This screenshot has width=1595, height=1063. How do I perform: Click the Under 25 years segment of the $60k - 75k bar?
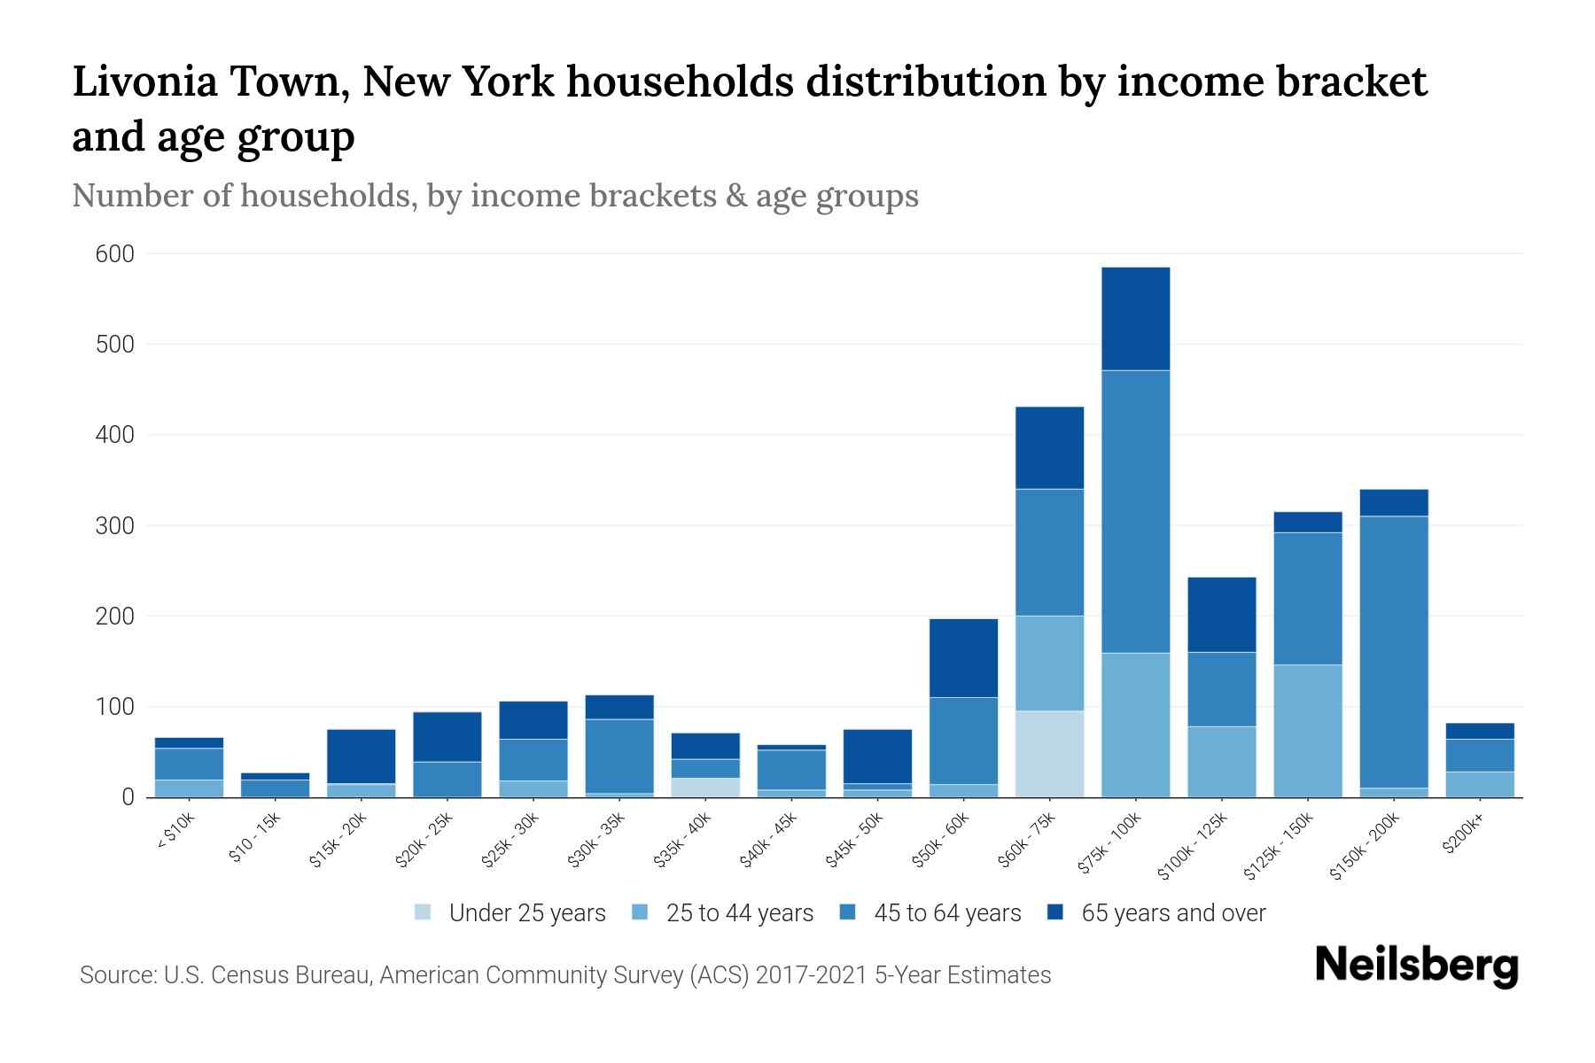pos(1049,753)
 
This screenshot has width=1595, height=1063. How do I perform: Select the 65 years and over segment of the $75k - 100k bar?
pos(1135,319)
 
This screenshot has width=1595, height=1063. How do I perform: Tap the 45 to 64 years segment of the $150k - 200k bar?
pos(1394,651)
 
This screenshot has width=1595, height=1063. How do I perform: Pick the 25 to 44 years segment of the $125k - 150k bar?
pos(1308,730)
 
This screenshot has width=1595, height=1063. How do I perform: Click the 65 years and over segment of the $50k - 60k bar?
pos(963,657)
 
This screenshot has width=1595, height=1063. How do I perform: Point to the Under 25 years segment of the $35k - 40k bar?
pos(705,787)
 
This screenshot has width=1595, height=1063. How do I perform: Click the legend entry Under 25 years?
pos(526,913)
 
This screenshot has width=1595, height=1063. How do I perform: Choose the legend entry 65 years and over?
pos(1172,913)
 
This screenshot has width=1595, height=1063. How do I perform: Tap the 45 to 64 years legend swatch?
pos(848,912)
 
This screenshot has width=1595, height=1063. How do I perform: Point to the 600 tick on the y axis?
pos(115,254)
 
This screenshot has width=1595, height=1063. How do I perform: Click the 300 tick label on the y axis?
pos(115,525)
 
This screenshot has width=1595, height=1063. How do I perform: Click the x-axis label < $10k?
pos(175,833)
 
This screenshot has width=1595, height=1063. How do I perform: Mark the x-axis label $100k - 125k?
pos(1192,846)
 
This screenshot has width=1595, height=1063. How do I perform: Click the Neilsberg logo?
pos(1416,966)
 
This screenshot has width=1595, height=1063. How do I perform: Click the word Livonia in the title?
pos(144,81)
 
